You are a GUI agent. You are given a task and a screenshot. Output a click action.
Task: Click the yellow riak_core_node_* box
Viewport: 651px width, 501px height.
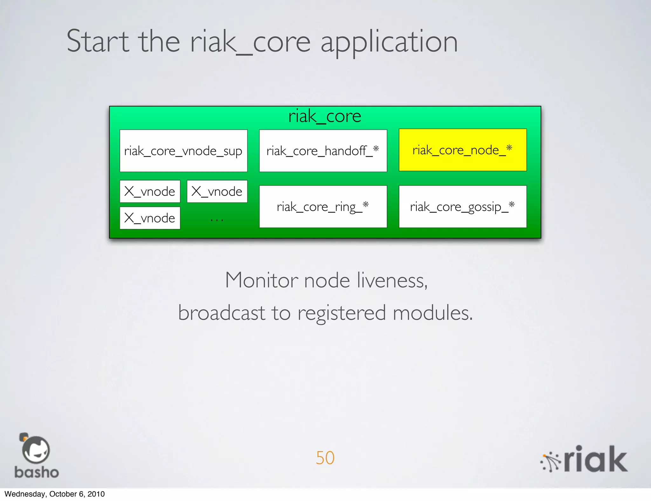[463, 150]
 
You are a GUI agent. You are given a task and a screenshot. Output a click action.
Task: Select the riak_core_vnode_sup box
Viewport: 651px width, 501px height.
[183, 151]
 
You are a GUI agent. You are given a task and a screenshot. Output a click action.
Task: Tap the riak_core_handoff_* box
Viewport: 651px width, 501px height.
[323, 151]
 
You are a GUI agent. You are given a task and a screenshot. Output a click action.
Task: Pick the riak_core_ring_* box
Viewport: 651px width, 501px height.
[323, 207]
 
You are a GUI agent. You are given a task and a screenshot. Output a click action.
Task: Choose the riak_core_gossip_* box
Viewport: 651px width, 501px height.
[463, 207]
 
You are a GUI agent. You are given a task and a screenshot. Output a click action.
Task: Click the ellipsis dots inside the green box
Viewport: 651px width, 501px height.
[217, 219]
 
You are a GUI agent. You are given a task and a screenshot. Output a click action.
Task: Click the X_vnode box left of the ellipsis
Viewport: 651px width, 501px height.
[150, 218]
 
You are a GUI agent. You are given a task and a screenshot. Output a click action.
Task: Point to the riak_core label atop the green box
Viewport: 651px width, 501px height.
[325, 116]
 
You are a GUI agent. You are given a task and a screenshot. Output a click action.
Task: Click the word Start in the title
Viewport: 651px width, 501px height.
[98, 41]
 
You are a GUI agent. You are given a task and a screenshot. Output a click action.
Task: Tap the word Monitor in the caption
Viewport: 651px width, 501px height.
[261, 280]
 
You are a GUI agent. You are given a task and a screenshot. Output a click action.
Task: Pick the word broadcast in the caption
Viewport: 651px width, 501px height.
[222, 313]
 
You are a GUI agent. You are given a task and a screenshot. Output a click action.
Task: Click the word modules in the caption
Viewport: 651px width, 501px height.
[432, 313]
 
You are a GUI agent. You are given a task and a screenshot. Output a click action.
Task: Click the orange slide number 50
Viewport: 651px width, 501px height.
[325, 458]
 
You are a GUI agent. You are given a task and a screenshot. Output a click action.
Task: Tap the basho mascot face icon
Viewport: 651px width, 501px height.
[35, 450]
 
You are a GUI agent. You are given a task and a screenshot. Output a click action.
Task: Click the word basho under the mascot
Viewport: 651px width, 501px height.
[37, 472]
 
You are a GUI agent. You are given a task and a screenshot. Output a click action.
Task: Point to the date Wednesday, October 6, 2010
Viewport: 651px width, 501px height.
[54, 494]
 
